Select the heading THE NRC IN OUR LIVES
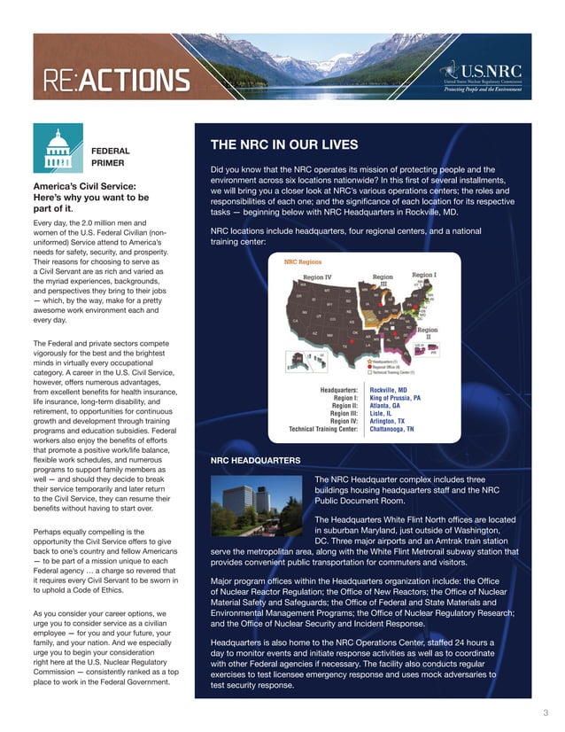(283, 144)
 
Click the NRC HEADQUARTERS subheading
(255, 460)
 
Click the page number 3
(545, 712)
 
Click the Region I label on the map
(424, 276)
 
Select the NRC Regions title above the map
(302, 262)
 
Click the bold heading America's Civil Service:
(83, 185)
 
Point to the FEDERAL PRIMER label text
(111, 157)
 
